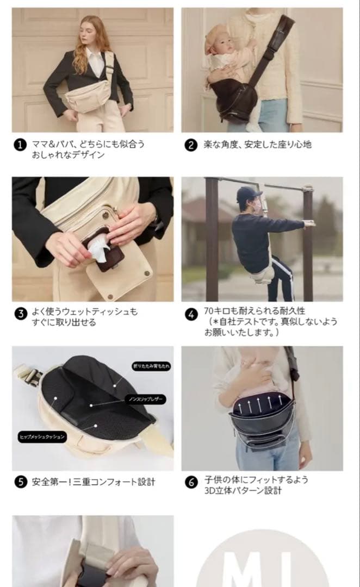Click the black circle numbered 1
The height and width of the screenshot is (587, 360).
[20, 145]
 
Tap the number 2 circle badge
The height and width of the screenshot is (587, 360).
[190, 145]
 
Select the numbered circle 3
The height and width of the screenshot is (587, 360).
[20, 314]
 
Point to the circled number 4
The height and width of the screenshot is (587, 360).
[190, 314]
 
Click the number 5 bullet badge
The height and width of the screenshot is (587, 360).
[20, 482]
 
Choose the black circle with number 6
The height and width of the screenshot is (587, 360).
[190, 482]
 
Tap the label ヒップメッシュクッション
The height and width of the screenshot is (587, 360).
[42, 436]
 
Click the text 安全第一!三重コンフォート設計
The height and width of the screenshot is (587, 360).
[94, 482]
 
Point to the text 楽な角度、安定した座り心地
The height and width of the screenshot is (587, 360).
[257, 145]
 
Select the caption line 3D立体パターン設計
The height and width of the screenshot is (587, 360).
[243, 491]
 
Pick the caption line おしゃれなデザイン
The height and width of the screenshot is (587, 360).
[68, 155]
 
